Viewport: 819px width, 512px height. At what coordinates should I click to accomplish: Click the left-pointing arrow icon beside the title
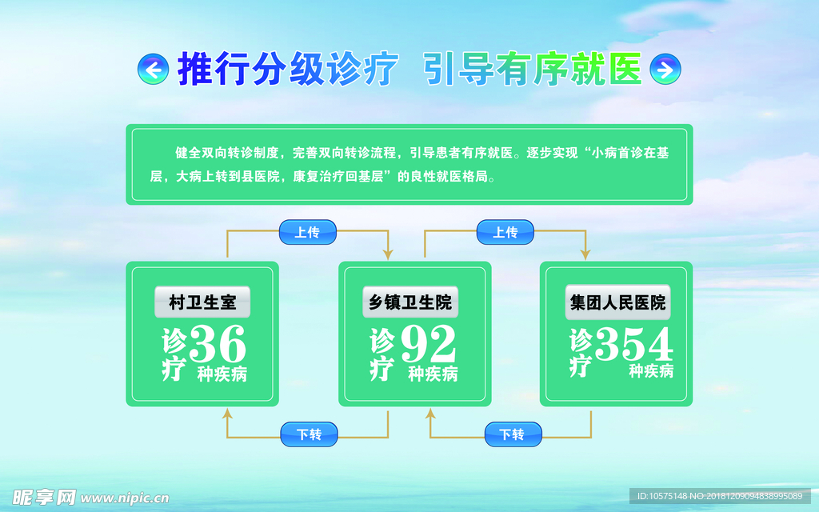coord(153,70)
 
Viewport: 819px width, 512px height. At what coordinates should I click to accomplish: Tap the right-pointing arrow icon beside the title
coord(664,70)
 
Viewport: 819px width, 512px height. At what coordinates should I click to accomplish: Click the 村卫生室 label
coord(202,302)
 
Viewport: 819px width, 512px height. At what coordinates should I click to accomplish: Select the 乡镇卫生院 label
coord(410,302)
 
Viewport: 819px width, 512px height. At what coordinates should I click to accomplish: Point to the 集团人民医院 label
coord(617,302)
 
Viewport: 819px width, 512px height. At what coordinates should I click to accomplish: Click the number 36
coord(218,345)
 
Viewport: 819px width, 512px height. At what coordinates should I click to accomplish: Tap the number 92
coord(428,345)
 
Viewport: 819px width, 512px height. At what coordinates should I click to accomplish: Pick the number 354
coord(633,344)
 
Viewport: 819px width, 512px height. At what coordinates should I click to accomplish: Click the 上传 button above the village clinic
coord(307,232)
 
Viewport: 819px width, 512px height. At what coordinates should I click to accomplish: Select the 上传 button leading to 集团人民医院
coord(505,232)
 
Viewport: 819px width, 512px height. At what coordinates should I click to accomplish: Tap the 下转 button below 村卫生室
coord(309,434)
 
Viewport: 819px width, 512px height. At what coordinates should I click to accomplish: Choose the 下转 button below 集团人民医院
coord(513,434)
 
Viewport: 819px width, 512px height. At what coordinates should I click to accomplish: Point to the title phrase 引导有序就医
coord(533,70)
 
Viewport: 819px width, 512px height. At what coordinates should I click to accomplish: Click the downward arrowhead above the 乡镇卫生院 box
coord(388,254)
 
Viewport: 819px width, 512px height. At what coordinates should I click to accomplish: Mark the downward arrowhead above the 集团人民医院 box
coord(585,254)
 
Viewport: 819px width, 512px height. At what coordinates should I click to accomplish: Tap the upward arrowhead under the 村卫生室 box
coord(227,414)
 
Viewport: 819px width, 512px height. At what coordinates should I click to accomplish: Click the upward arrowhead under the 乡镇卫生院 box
coord(430,414)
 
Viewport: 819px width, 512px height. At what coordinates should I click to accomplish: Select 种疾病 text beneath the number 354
coord(651,371)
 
